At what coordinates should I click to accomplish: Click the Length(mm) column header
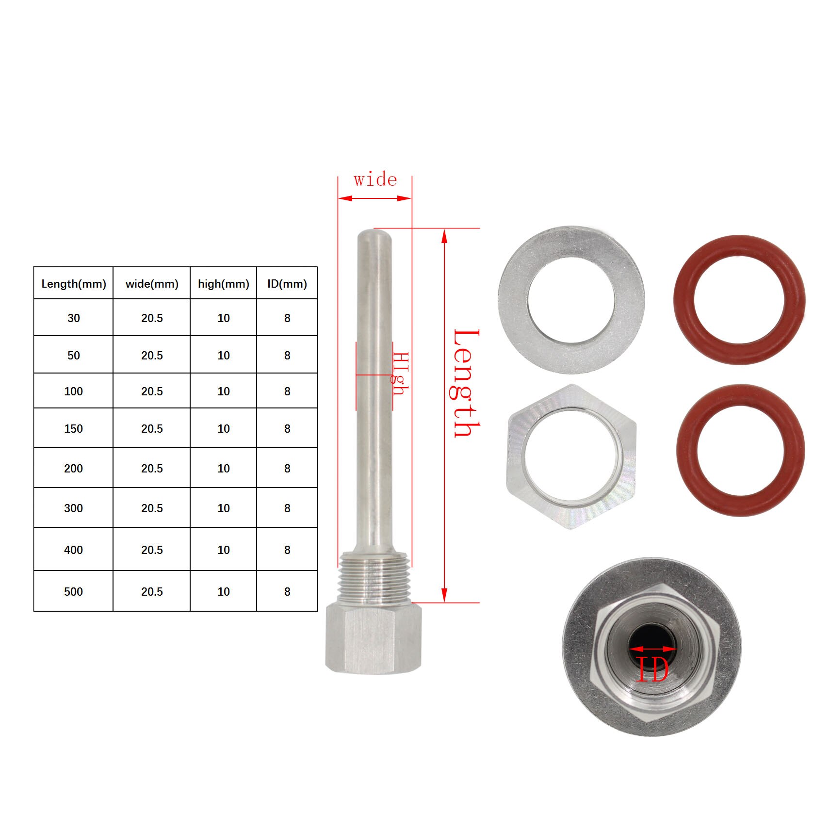(74, 284)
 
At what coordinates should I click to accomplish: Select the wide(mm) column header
(152, 284)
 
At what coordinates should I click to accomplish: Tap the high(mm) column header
(224, 284)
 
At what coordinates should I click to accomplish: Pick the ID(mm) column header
(287, 284)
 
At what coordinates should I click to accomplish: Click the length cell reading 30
(74, 318)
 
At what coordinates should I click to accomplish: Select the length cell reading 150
(74, 429)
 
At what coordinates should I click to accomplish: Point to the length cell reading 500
(74, 592)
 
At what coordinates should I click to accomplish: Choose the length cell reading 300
(74, 508)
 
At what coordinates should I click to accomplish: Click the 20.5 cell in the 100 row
(152, 391)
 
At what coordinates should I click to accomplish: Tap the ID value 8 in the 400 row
(287, 550)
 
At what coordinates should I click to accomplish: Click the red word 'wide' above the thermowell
(375, 180)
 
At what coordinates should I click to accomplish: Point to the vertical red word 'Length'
(466, 383)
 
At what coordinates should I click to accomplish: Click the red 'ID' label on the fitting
(652, 669)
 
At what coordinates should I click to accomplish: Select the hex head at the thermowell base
(373, 638)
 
